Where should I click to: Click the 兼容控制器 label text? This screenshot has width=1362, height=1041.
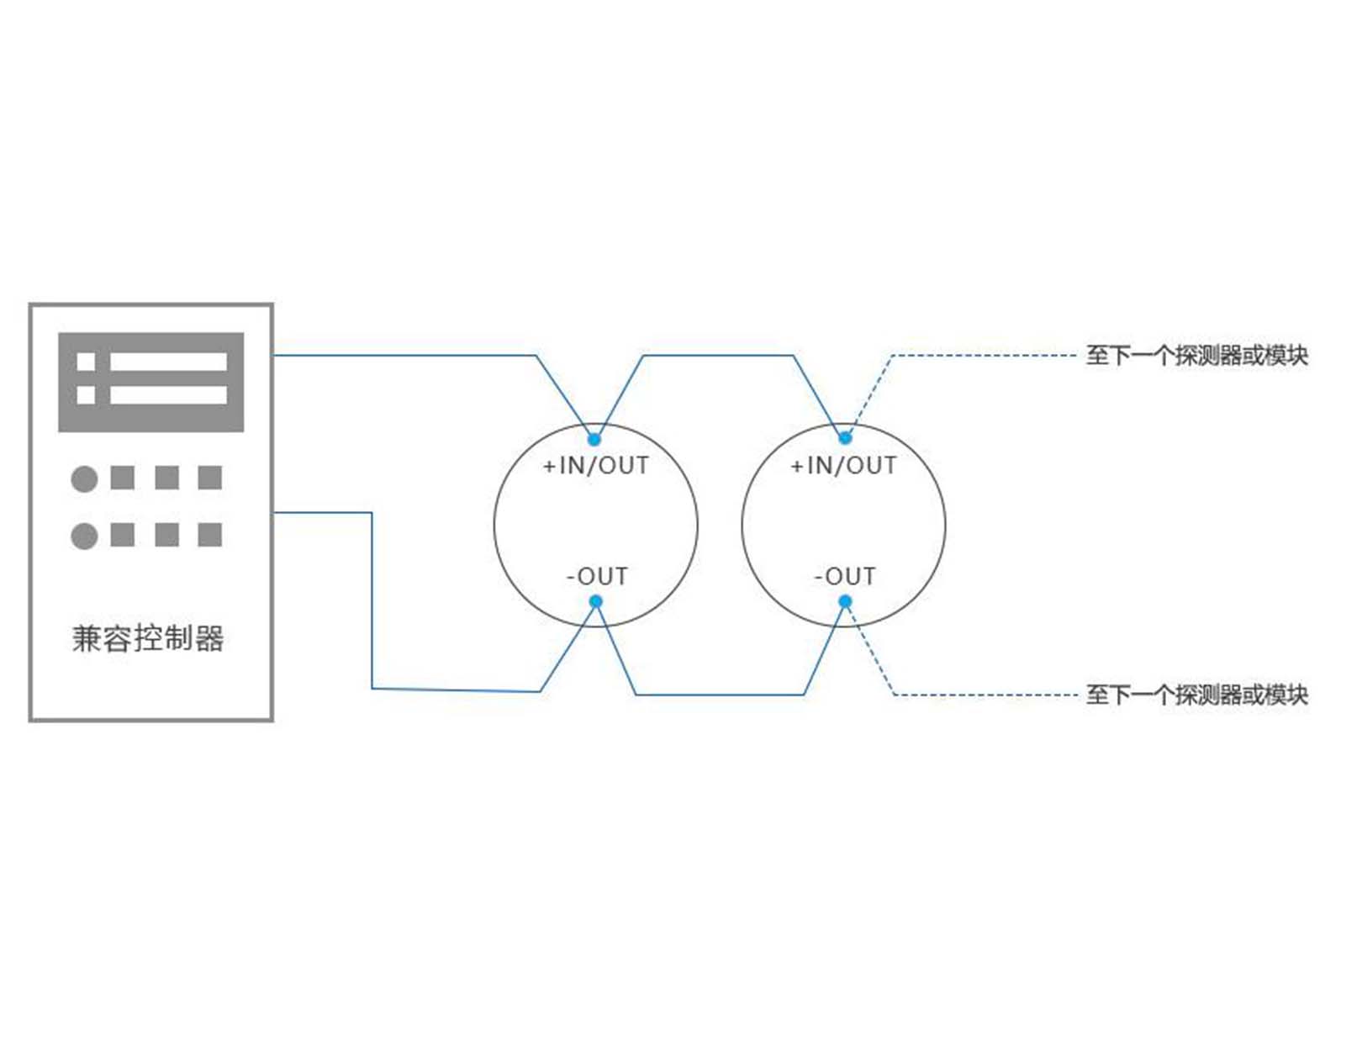coord(147,638)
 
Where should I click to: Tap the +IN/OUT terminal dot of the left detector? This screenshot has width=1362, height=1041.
coord(594,439)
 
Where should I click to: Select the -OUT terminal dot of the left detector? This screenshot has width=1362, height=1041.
coord(596,601)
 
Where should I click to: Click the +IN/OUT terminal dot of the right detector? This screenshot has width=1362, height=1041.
coord(844,438)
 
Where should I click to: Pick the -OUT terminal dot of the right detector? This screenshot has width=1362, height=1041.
coord(844,601)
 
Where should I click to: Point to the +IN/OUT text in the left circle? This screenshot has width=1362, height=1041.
coord(596,465)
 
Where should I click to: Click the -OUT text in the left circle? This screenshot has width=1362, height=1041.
coord(597,576)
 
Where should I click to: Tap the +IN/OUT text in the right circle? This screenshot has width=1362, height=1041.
coord(843,465)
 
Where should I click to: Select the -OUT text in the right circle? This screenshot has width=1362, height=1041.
coord(844,576)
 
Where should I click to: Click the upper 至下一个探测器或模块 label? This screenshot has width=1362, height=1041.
coord(1197,356)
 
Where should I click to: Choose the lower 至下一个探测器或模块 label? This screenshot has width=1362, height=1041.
coord(1197,695)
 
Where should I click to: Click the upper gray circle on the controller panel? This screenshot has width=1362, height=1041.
coord(84,479)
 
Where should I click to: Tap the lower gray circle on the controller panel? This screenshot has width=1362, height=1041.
coord(84,536)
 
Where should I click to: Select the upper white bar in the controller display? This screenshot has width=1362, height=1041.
coord(168,362)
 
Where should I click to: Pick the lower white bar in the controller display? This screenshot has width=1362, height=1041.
coord(168,394)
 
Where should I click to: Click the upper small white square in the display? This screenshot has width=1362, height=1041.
coord(86,362)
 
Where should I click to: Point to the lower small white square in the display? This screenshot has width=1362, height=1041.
coord(86,394)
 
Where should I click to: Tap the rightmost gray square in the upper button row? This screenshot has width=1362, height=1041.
coord(209,478)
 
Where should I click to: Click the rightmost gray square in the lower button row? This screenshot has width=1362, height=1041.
coord(209,534)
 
